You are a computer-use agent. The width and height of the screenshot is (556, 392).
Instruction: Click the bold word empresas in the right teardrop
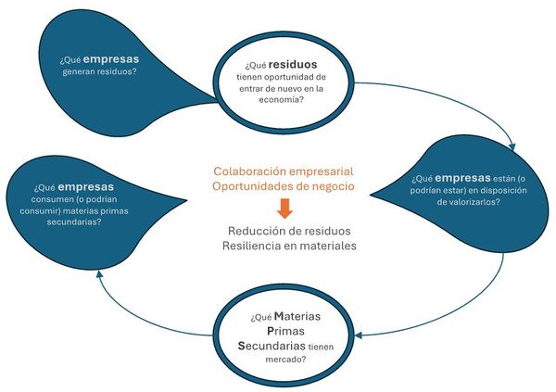[x=464, y=177]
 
